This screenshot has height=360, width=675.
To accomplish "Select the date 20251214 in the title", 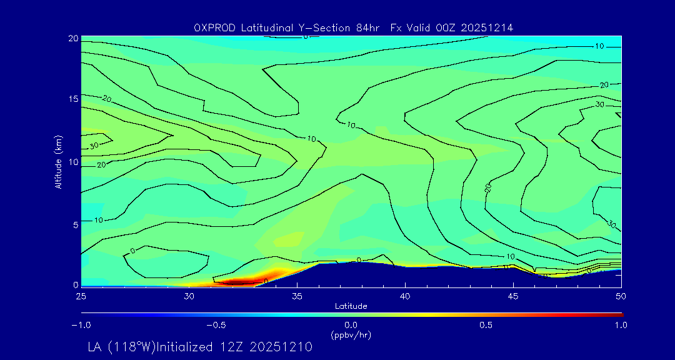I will [x=488, y=27].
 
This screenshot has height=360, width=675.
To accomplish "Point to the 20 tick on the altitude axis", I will [x=72, y=38].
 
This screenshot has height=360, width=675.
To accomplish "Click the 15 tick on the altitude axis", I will [x=72, y=99].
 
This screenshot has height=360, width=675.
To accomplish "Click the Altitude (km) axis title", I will [x=59, y=161].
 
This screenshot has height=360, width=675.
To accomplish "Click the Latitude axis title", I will [x=351, y=306].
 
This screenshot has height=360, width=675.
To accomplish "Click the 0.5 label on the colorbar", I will [x=486, y=325].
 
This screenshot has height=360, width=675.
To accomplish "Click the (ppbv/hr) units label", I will [x=351, y=334].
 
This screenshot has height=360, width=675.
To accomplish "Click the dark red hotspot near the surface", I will [x=237, y=283].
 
